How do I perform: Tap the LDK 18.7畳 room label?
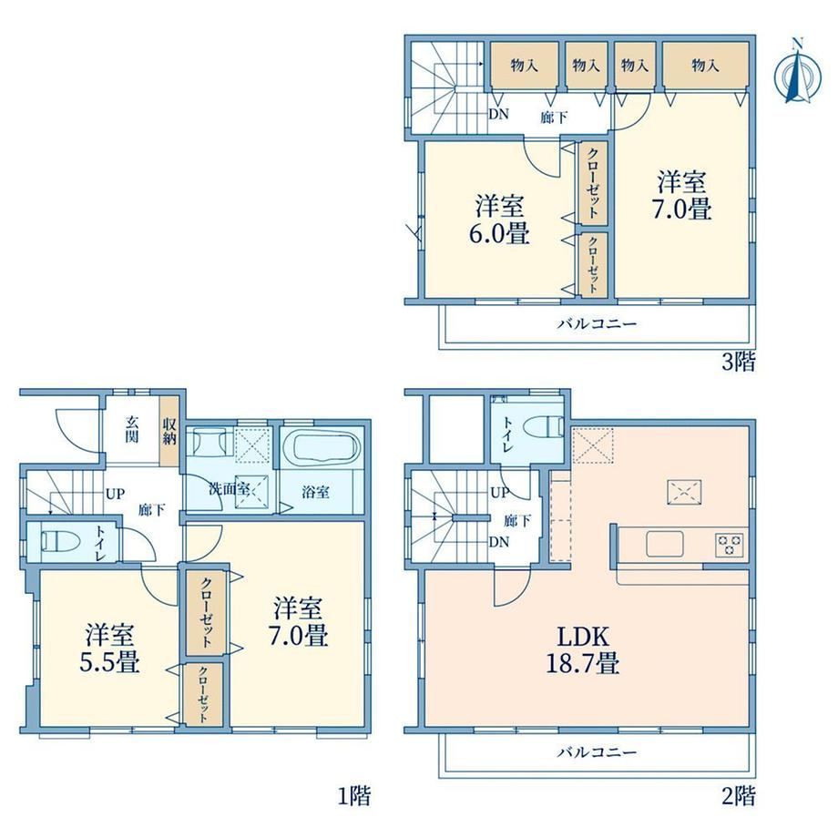coord(583,649)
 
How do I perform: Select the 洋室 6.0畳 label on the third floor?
coord(500,220)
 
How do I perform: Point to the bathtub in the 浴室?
coord(322,446)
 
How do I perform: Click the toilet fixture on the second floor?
coord(544,427)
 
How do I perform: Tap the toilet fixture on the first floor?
coord(60,540)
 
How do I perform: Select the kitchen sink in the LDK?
coord(665,544)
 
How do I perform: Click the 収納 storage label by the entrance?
coord(169,432)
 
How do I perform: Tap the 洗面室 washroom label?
coord(229,488)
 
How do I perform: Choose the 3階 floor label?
coord(739,363)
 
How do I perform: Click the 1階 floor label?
coord(353,796)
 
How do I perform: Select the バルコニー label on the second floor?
coord(598,752)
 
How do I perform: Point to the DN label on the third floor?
coord(498,115)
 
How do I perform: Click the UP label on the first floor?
coord(115,495)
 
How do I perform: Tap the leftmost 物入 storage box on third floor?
coord(525,66)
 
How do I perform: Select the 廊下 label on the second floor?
coord(517,520)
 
